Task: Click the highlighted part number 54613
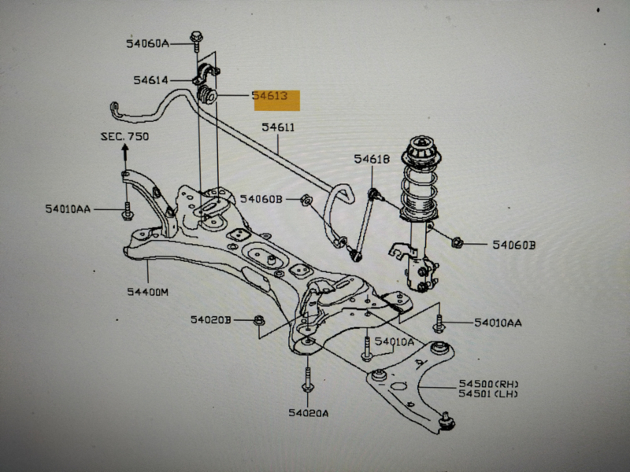[x=275, y=98]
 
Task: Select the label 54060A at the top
[x=147, y=43]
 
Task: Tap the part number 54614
[x=151, y=79]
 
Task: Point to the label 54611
[x=278, y=127]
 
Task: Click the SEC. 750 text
[x=124, y=136]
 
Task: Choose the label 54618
[x=371, y=159]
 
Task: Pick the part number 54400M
[x=147, y=292]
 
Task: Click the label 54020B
[x=210, y=319]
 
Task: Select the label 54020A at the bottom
[x=307, y=412]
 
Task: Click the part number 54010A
[x=394, y=341]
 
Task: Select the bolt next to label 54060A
[x=196, y=40]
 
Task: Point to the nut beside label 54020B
[x=260, y=319]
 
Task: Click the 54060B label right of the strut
[x=513, y=245]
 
